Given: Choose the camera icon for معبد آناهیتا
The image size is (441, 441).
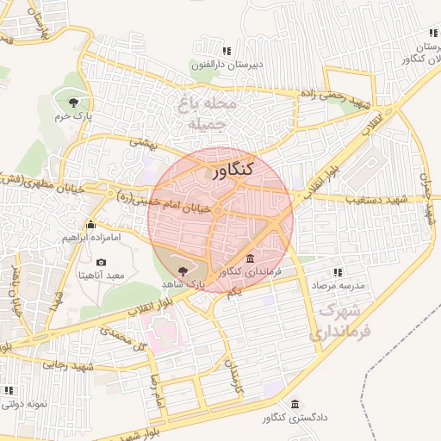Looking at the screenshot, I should (102, 262).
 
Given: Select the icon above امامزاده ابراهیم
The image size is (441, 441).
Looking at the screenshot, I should (90, 225).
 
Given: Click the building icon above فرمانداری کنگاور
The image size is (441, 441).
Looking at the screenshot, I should (250, 259).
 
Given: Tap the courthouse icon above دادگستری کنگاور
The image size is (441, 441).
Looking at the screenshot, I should (295, 404).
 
